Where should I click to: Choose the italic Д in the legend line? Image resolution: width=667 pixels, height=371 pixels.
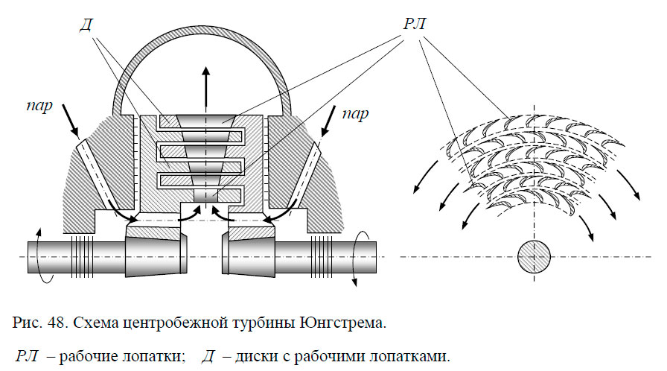coord(210,356)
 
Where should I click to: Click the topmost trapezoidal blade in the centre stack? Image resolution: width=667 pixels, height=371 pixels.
coord(207,118)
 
